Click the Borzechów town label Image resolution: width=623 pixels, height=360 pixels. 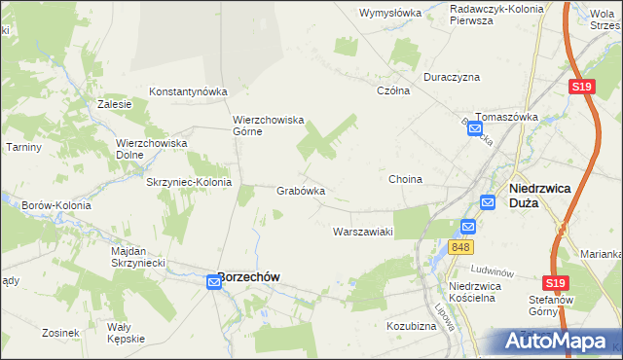click(248, 276)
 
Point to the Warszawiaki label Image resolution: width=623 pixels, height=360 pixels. click(362, 232)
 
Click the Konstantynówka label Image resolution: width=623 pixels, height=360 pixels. click(187, 91)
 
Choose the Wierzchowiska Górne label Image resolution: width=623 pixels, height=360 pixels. click(269, 126)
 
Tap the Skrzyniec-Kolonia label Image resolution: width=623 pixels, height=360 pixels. click(188, 182)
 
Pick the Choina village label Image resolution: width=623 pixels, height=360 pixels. click(405, 180)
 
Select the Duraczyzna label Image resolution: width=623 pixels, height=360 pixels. click(452, 76)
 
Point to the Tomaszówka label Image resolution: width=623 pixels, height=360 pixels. click(506, 117)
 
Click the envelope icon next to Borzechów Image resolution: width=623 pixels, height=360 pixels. click(215, 282)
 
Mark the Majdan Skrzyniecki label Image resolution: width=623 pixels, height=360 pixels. click(141, 257)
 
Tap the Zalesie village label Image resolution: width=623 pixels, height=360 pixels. click(115, 103)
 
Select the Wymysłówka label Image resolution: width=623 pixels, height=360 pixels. click(389, 13)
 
